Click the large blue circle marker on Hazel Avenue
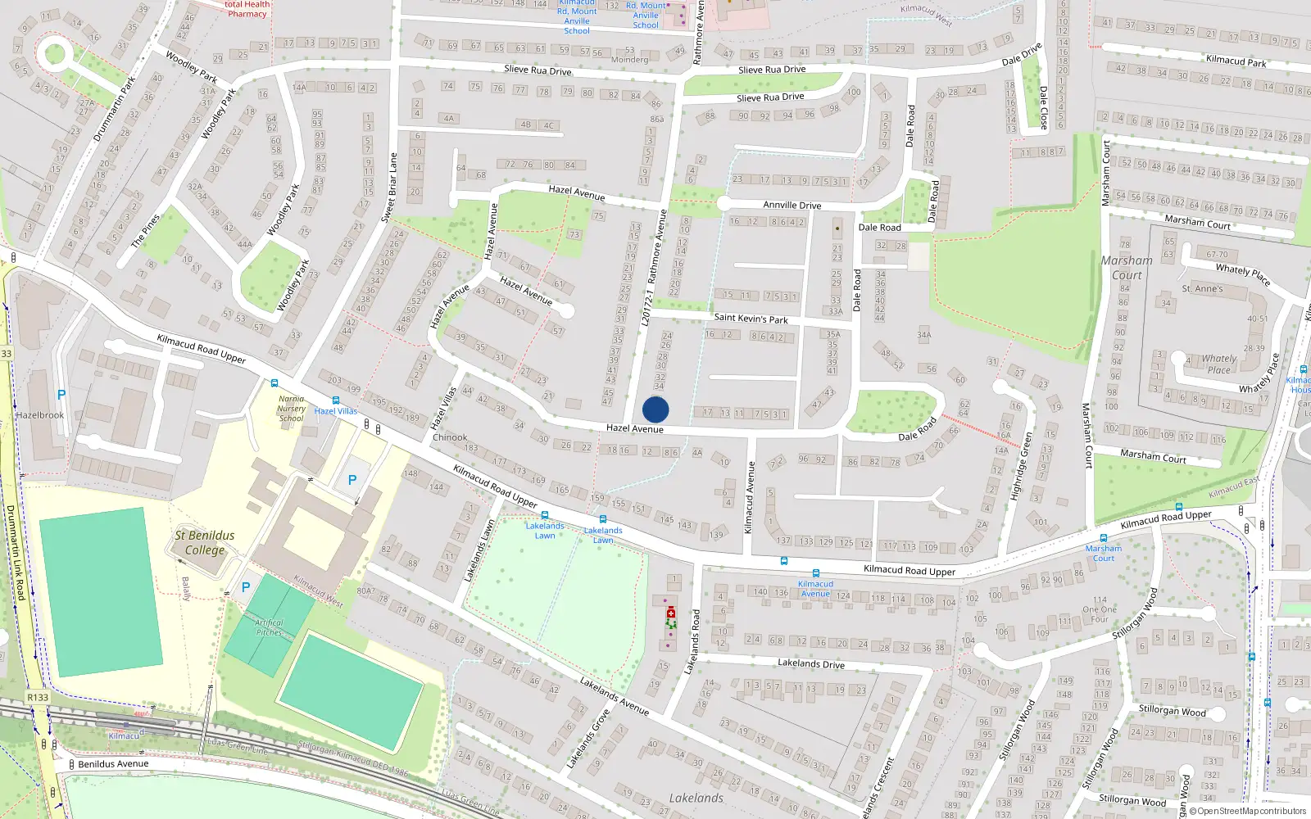click(655, 409)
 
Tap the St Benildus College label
click(205, 542)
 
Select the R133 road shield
click(38, 697)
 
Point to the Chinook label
click(450, 437)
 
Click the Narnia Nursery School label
click(291, 409)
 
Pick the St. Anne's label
click(1202, 288)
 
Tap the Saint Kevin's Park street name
click(751, 318)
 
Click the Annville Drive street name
click(792, 205)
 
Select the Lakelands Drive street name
click(810, 663)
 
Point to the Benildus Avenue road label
click(113, 763)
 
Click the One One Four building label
click(1100, 609)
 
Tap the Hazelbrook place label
click(40, 415)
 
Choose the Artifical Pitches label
click(269, 627)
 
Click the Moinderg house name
click(629, 59)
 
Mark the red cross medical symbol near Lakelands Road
click(671, 613)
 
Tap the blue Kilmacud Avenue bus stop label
click(815, 588)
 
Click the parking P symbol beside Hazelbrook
click(61, 395)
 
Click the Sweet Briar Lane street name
click(389, 188)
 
